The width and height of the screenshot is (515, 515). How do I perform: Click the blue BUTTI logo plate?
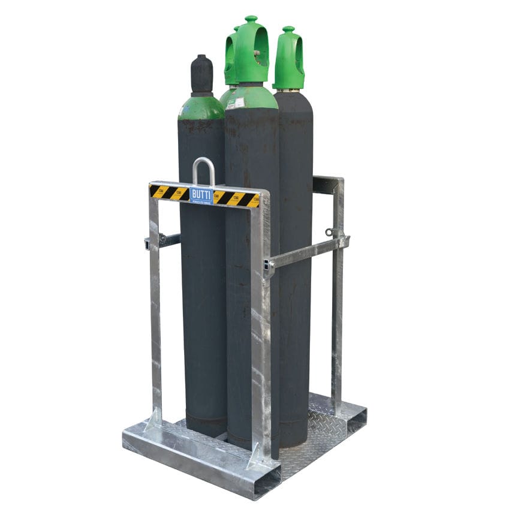[x=201, y=195]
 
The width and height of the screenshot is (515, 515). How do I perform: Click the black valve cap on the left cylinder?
[x=201, y=75]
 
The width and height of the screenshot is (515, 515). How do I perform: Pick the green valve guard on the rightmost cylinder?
[x=289, y=60]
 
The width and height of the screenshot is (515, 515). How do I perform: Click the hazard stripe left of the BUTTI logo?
[x=168, y=192]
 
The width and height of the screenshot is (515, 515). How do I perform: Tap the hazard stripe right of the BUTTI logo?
[x=237, y=198]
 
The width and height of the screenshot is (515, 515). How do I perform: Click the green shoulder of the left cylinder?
[x=201, y=109]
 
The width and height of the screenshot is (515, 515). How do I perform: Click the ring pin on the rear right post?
[x=329, y=231]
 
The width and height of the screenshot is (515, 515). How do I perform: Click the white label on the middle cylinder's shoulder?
[x=236, y=103]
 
